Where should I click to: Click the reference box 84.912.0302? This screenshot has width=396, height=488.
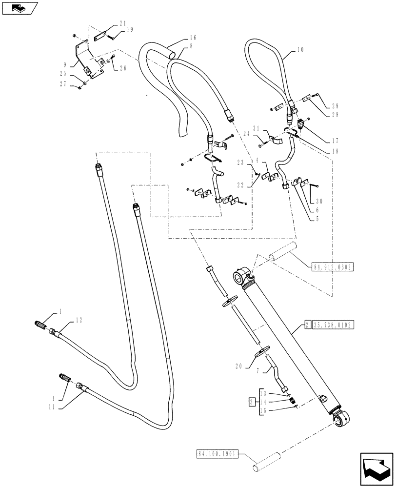pos(332,267)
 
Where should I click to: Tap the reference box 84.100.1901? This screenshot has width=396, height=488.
pos(218,453)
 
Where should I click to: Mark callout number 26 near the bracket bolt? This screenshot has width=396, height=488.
pos(123,68)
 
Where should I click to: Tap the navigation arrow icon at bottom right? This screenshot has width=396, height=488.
pos(376,467)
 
